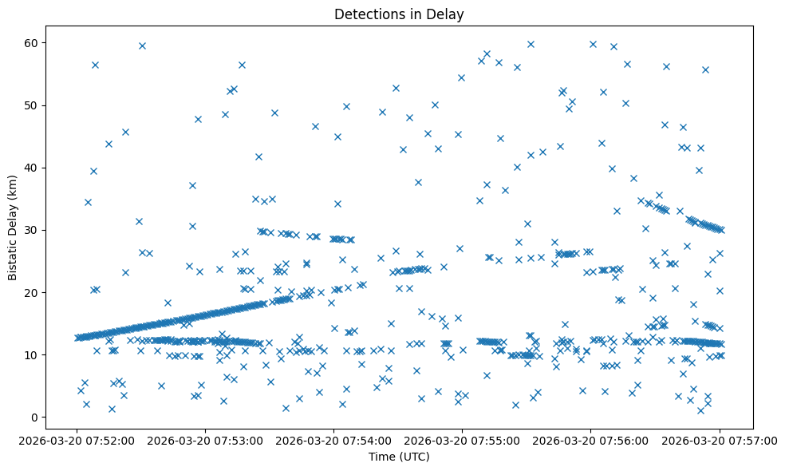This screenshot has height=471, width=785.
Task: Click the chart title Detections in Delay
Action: (399, 14)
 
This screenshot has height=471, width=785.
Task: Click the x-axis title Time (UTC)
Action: (399, 457)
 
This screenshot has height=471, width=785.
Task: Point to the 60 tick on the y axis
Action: (34, 42)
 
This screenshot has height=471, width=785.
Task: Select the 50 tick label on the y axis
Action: (34, 105)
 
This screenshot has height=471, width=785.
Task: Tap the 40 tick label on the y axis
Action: (34, 168)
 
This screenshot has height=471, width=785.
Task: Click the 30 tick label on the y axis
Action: (34, 230)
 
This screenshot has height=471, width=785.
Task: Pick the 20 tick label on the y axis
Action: (34, 292)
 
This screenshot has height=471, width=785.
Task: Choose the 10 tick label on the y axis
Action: (34, 354)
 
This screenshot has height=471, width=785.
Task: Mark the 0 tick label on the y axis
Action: (37, 417)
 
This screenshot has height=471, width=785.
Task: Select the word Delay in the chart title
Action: (448, 14)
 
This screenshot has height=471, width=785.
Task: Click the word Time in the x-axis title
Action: (381, 457)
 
